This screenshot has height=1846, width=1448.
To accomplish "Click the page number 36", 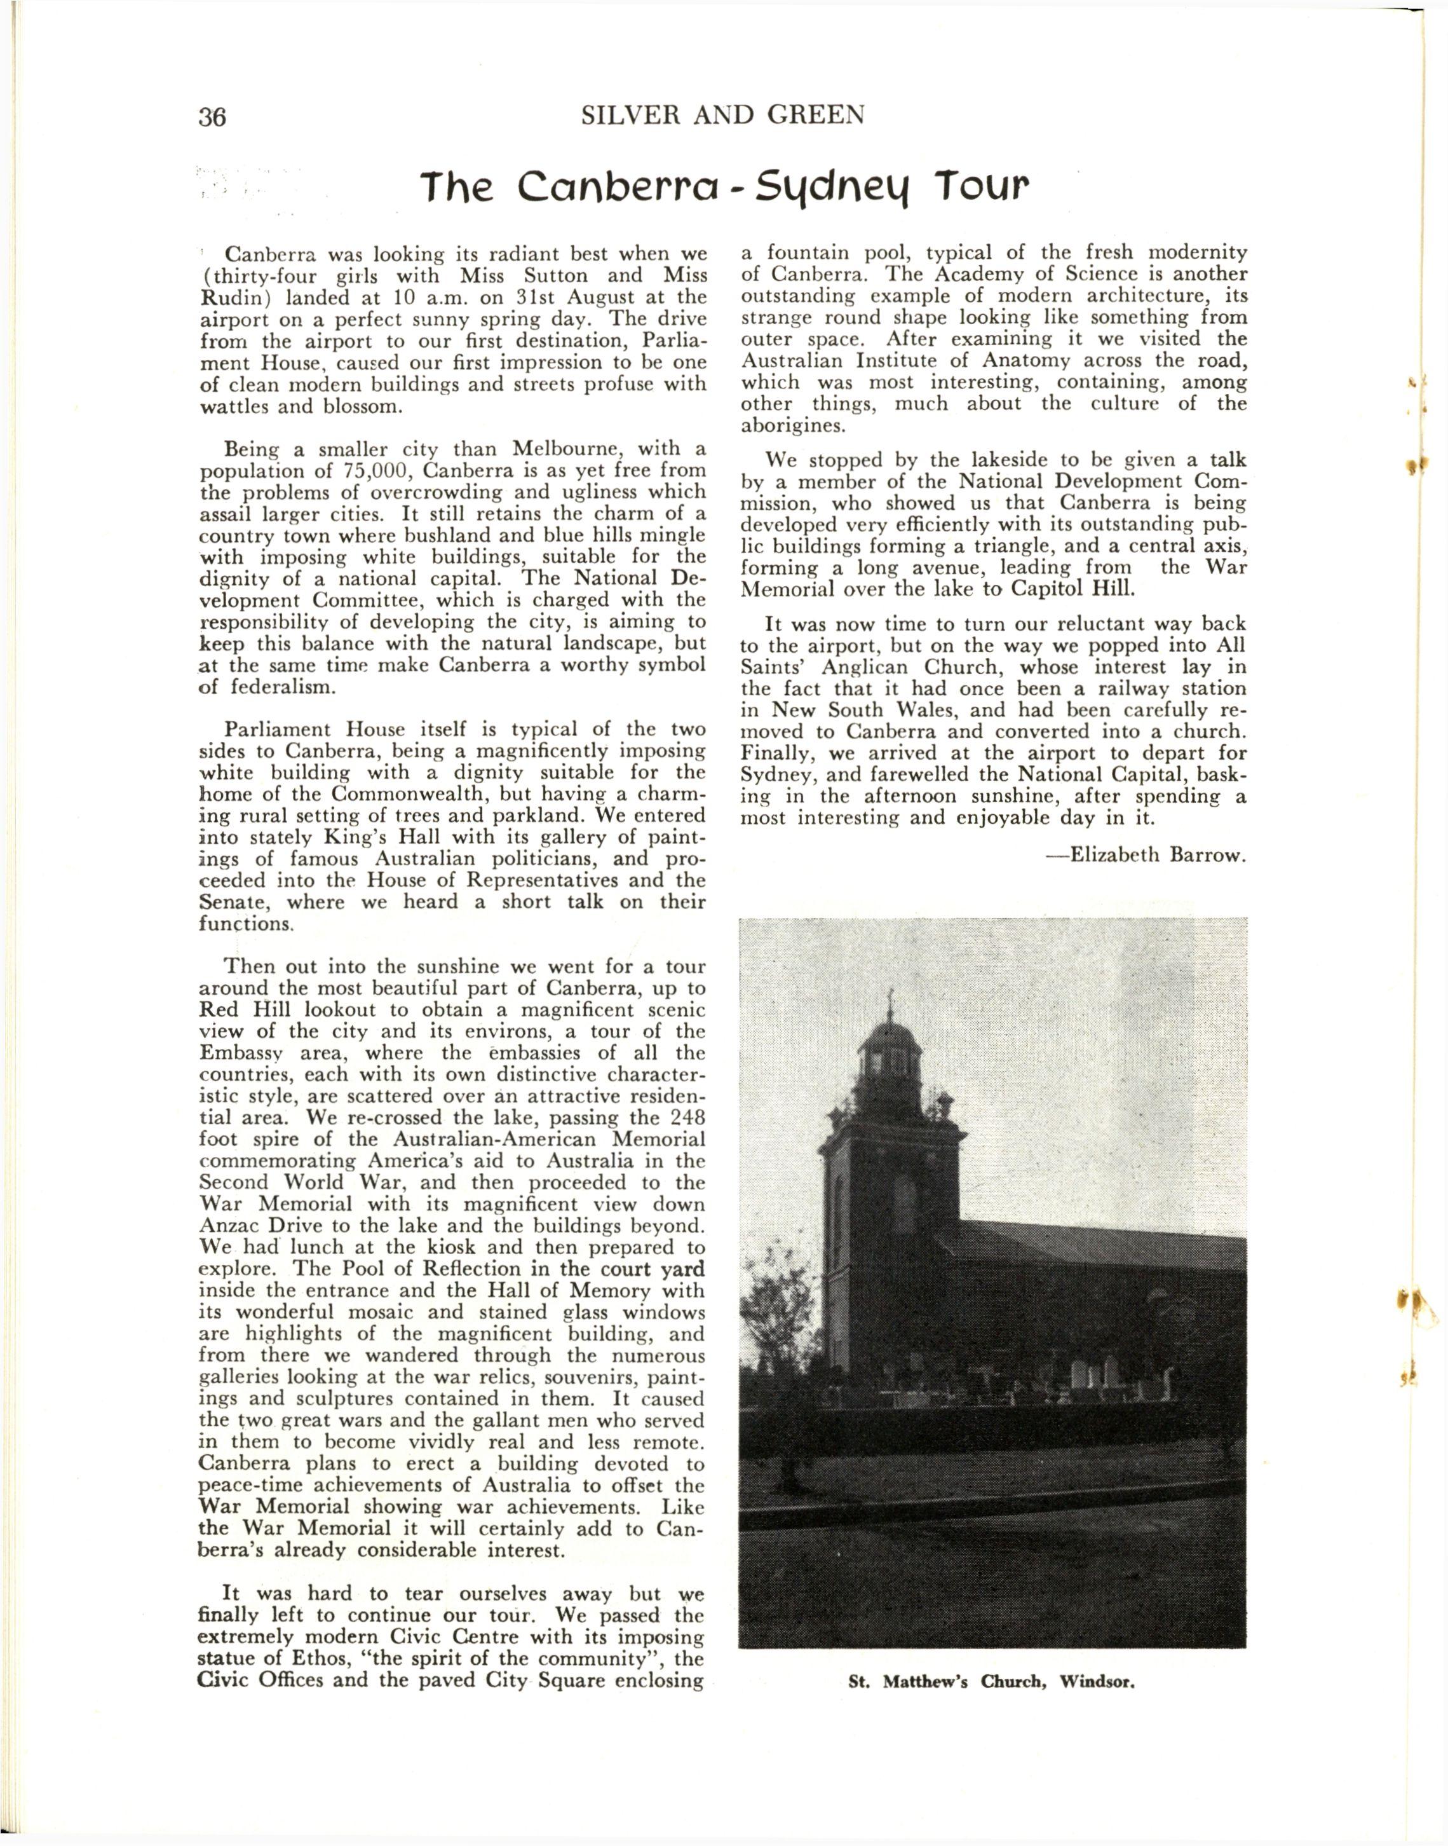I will coord(213,117).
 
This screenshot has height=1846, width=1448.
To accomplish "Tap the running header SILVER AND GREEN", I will coord(723,114).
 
